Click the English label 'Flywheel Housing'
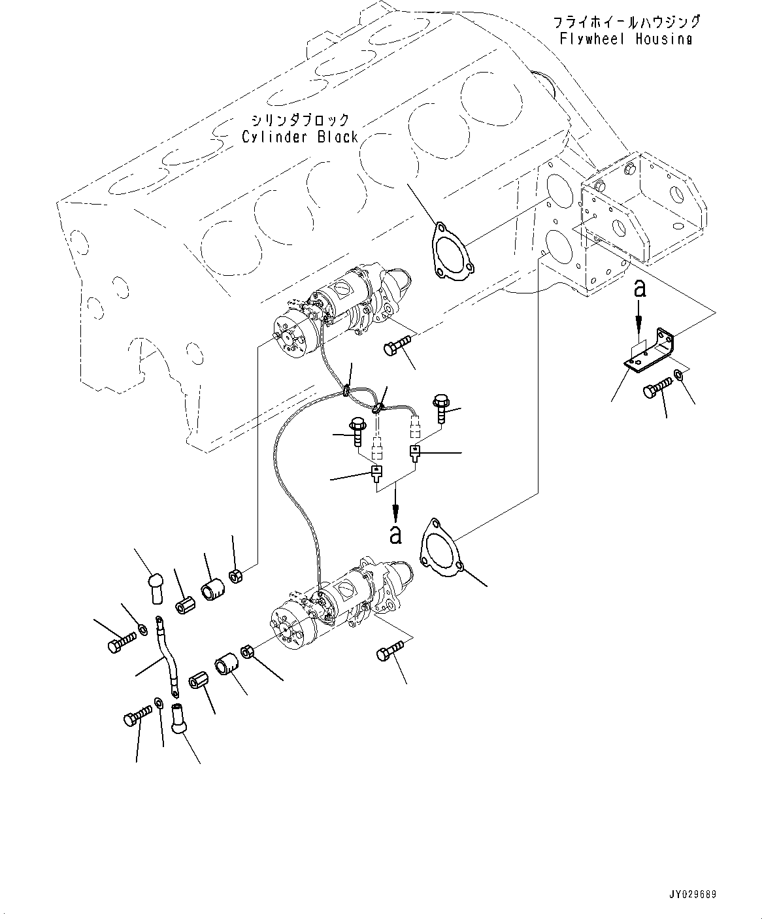click(625, 39)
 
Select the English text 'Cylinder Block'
click(300, 137)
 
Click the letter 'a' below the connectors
click(396, 535)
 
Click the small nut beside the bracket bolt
click(678, 375)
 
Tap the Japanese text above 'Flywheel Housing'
click(627, 22)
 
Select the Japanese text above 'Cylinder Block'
click(300, 120)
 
